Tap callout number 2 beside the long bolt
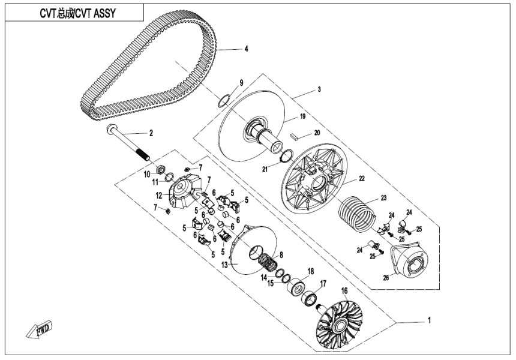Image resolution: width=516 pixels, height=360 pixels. (151, 133)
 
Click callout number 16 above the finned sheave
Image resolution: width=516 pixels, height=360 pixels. (344, 290)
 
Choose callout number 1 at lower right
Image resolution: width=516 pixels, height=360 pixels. (429, 321)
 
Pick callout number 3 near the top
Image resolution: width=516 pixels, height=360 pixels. (319, 89)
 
